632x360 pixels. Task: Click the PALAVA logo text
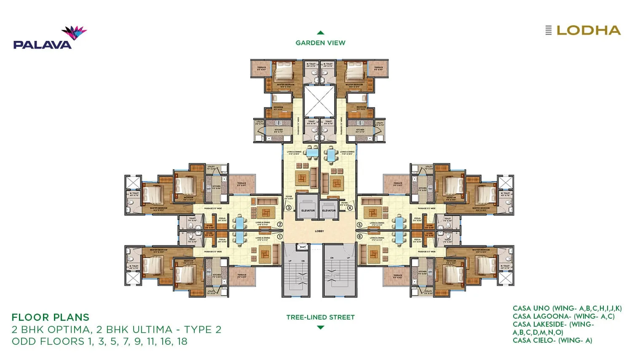pos(42,44)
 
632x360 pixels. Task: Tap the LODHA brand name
pos(588,30)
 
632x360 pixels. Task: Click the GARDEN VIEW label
pos(320,43)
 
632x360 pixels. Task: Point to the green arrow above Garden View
pos(320,32)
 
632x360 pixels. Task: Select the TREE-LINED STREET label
pos(320,317)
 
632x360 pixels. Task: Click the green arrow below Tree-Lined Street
pos(320,328)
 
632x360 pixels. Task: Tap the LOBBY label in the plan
pos(319,231)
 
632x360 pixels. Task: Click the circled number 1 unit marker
pos(280,236)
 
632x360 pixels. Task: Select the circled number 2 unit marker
pos(280,225)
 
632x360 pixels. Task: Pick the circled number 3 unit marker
pos(289,207)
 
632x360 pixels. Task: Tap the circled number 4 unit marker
pos(350,207)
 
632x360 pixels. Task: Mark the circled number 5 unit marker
pos(359,225)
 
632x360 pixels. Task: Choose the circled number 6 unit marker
pos(359,236)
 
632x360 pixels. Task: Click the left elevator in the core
pos(308,207)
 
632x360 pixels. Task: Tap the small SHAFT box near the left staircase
pos(302,247)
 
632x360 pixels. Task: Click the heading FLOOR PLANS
pos(50,317)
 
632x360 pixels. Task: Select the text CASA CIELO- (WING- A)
pos(552,340)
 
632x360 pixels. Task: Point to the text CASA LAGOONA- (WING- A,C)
pos(563,316)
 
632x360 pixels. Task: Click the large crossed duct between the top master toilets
pos(319,101)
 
